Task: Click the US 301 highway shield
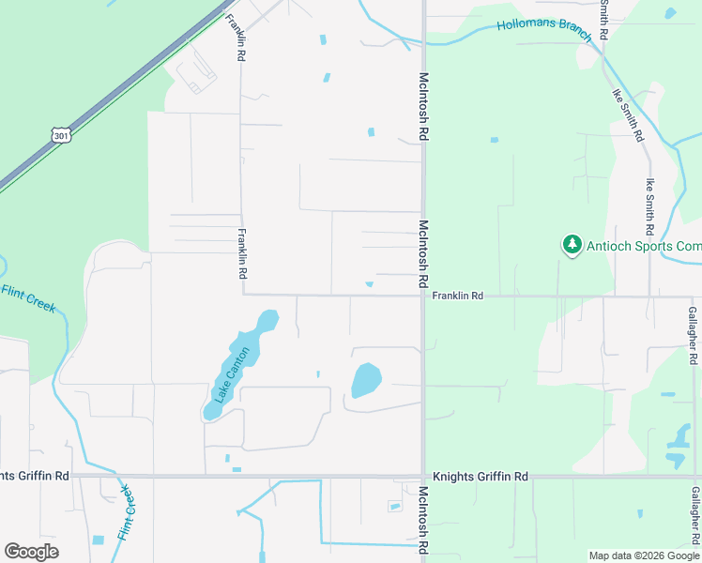pos(61,136)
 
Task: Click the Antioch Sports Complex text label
pos(643,246)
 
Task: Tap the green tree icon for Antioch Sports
pos(572,246)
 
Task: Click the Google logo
pos(31,551)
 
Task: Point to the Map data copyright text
pos(645,555)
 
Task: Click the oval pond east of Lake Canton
pos(366,381)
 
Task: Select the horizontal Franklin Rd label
pos(457,296)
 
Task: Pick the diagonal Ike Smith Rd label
pos(628,114)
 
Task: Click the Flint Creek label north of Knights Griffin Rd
pos(28,298)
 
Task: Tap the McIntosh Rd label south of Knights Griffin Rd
pos(423,519)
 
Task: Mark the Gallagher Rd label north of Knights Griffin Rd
pos(693,335)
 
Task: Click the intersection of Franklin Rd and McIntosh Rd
pos(423,296)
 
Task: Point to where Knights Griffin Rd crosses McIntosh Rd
pos(423,477)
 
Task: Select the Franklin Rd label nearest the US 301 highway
pos(238,38)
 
